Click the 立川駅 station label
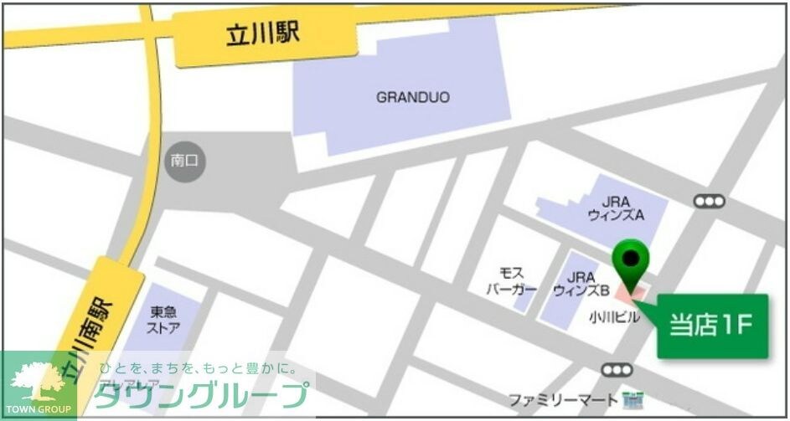click(x=262, y=34)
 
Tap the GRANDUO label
click(x=412, y=97)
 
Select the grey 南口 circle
click(x=184, y=159)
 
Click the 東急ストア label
click(x=164, y=320)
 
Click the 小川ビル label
click(x=613, y=317)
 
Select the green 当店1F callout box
click(x=712, y=326)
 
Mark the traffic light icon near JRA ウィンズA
click(x=709, y=201)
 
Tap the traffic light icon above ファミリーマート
click(x=617, y=369)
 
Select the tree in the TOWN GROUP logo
click(x=37, y=379)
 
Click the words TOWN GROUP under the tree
click(x=37, y=408)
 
